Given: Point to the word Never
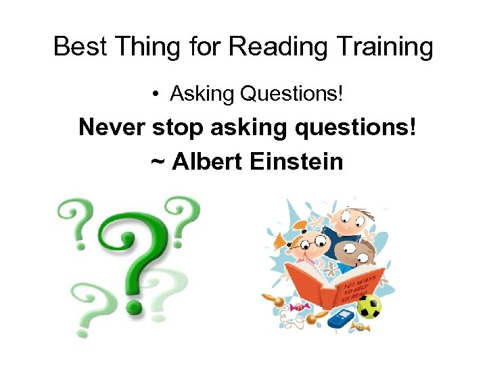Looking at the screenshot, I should pos(111,127).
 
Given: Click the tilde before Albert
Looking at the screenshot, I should pos(158,163).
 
